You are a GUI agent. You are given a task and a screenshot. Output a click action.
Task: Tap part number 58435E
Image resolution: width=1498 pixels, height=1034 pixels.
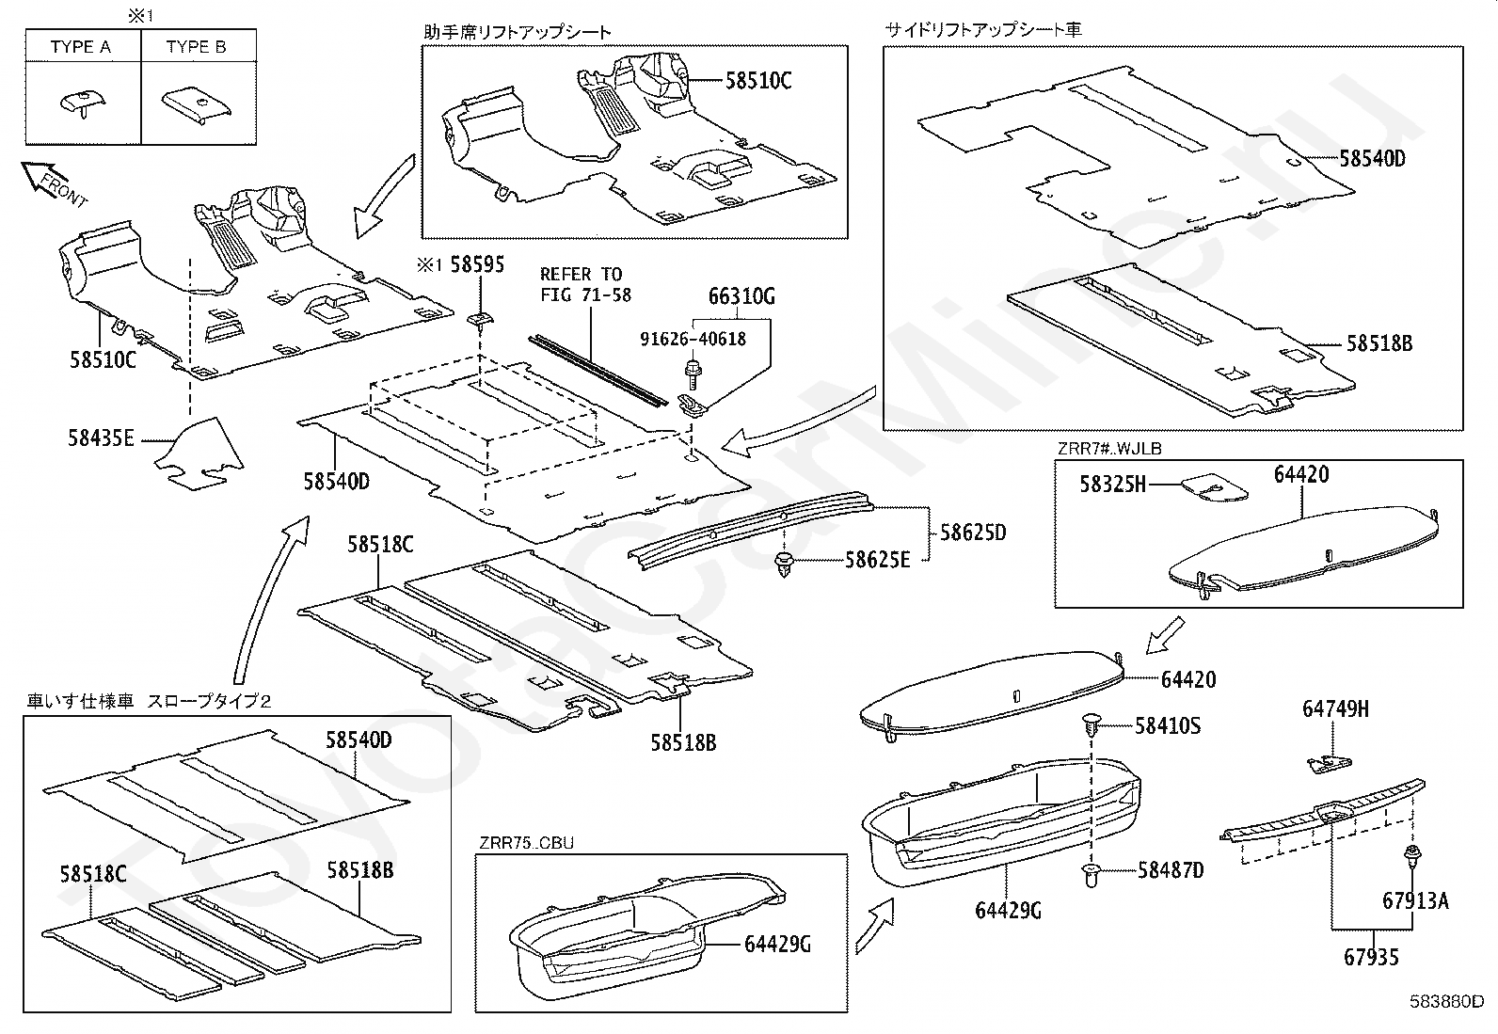click(x=102, y=437)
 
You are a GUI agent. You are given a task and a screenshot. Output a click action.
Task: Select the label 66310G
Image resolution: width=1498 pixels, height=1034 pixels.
click(x=741, y=297)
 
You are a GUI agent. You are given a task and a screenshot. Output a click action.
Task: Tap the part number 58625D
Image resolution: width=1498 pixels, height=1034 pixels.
click(x=973, y=533)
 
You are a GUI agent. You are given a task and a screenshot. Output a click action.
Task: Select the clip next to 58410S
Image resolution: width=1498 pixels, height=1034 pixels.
click(x=1092, y=725)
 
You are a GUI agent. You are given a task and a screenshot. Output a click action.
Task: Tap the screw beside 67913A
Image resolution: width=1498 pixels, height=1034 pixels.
click(x=1411, y=857)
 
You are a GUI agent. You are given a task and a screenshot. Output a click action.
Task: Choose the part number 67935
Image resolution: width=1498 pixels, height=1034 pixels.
click(x=1371, y=958)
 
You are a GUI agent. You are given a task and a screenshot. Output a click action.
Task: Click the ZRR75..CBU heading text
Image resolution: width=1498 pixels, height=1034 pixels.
click(x=527, y=843)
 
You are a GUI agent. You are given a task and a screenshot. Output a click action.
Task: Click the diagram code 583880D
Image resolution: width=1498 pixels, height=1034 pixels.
click(x=1445, y=1001)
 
